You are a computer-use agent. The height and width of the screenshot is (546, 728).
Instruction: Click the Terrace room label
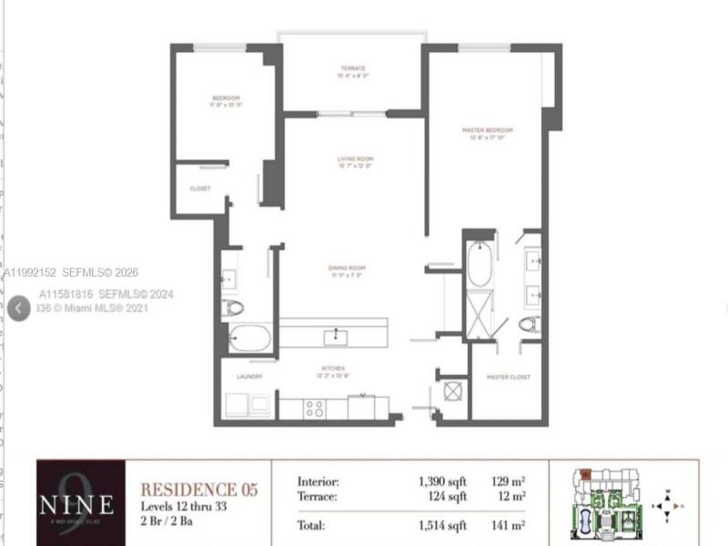point(353,68)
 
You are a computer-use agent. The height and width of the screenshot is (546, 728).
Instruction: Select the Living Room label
point(355,159)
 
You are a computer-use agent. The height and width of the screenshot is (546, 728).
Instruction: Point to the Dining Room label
point(345,268)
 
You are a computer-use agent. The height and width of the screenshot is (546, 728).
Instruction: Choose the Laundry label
point(249,376)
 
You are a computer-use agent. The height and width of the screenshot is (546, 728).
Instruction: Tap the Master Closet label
point(508,376)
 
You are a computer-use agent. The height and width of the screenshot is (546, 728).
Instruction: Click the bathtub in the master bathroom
point(480,264)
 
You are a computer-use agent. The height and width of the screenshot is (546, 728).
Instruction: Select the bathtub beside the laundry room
point(249,339)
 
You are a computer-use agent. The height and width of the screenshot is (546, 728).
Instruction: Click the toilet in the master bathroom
point(529,324)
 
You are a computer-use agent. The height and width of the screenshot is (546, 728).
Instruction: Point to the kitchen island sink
point(335,338)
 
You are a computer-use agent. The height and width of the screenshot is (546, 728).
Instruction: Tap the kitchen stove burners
point(314,409)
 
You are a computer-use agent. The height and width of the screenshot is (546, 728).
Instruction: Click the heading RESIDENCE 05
point(198,490)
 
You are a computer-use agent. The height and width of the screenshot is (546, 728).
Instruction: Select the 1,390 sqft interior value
point(442,481)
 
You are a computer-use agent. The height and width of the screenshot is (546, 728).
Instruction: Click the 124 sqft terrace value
point(448,496)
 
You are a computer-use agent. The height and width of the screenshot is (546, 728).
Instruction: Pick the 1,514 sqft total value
point(442,525)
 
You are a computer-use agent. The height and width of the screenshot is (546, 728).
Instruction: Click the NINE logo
point(77,502)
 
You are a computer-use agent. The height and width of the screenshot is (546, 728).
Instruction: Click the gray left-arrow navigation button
point(19,308)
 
